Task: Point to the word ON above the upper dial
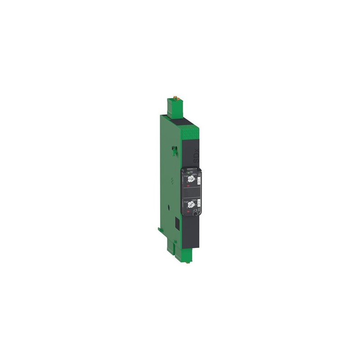click(191, 171)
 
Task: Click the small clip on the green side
click(172, 151)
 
